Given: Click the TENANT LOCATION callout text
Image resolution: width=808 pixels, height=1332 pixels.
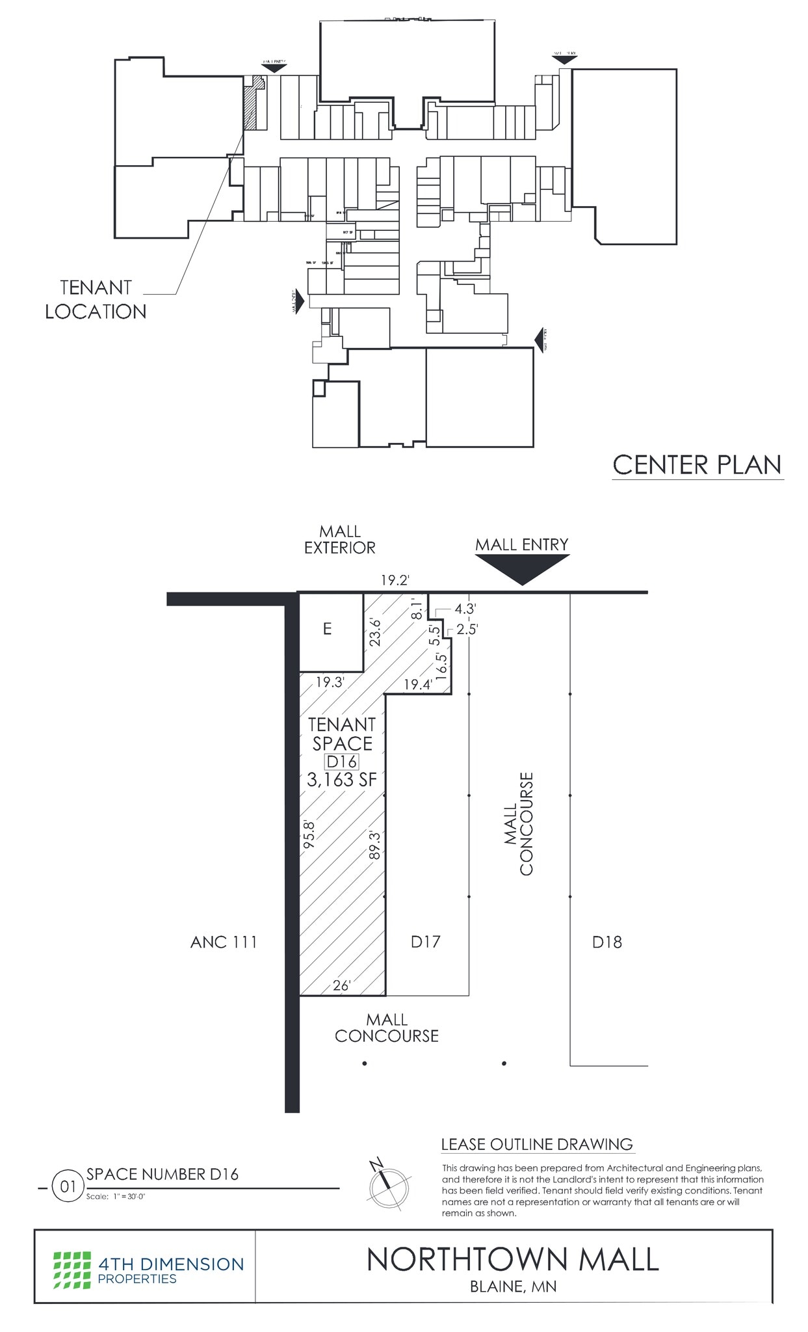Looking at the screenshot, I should [x=96, y=299].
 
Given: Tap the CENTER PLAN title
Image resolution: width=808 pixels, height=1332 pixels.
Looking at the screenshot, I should [x=697, y=465].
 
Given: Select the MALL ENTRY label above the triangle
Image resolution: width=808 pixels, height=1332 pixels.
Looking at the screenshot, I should [x=521, y=544].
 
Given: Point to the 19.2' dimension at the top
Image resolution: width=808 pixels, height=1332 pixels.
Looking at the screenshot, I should [x=394, y=580].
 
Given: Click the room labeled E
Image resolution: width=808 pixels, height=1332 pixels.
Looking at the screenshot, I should [x=328, y=629].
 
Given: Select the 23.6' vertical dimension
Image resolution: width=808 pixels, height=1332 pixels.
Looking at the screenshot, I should [x=374, y=632].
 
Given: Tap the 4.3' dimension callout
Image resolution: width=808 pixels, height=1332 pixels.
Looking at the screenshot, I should [x=465, y=609].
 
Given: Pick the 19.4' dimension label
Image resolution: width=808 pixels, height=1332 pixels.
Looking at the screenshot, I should [x=417, y=684].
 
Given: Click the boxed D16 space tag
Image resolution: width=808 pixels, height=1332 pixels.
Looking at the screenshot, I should [x=342, y=762].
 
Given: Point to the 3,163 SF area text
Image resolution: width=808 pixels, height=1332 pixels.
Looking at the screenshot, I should [x=342, y=780].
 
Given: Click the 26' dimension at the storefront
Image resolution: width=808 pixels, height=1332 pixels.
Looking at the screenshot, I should [x=341, y=986].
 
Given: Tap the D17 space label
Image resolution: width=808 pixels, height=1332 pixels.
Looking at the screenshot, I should [x=426, y=941].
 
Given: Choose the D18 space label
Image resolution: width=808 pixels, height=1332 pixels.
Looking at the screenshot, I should [x=606, y=942].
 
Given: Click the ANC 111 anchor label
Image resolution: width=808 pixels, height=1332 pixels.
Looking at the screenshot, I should [x=224, y=942].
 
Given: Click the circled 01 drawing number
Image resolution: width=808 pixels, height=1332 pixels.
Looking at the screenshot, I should [x=68, y=1186].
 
